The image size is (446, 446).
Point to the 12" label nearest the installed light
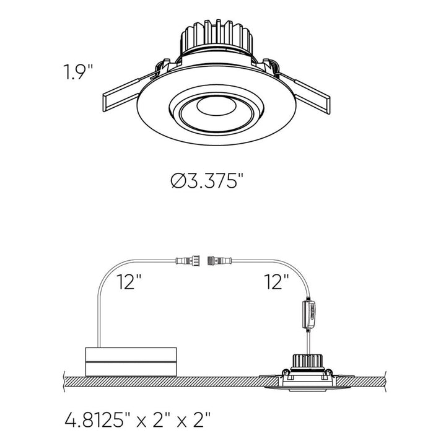click(276, 283)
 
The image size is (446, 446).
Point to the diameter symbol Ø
click(178, 181)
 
